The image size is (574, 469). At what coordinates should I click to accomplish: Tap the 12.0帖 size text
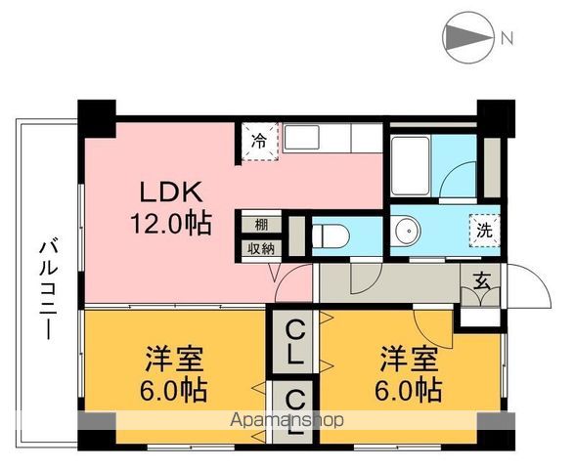pos(172,224)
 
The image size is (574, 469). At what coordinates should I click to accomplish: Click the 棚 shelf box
pos(261,223)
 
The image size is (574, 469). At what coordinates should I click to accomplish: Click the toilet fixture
pos(329,234)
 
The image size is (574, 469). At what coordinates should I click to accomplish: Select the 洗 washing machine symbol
pos(484,231)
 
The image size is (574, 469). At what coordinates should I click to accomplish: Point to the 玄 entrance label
pos(482,280)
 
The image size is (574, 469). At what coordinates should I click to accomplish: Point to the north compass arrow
pos(467,38)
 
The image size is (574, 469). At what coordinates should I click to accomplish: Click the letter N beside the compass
pos(508,39)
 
